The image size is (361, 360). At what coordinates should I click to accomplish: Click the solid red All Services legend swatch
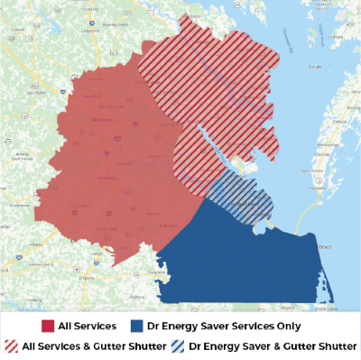49,325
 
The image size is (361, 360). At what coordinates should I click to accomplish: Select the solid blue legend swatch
138,325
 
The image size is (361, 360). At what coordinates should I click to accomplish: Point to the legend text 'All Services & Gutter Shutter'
94,346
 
